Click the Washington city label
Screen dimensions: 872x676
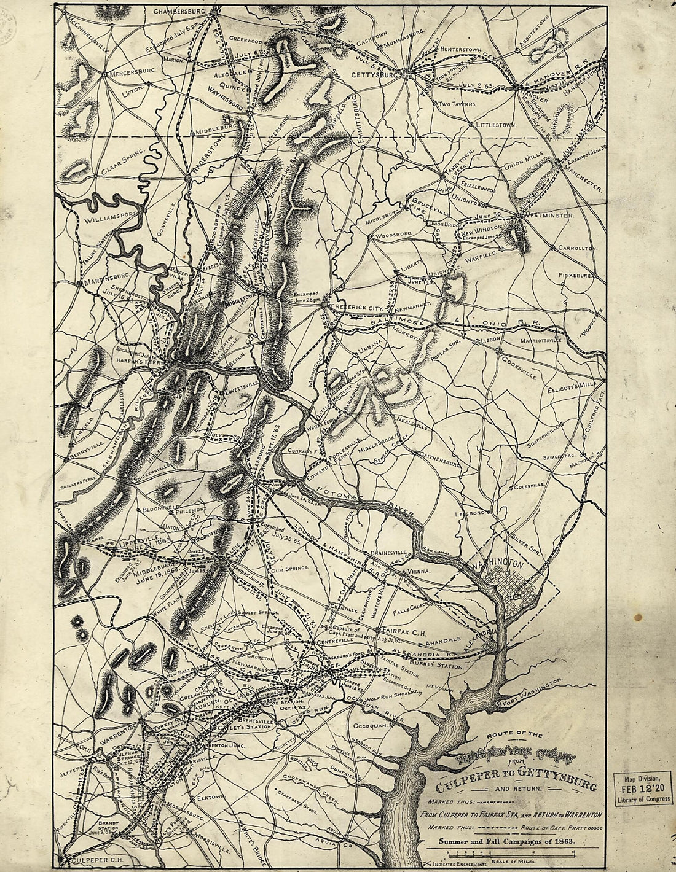496,563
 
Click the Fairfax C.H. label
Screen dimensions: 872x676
400,631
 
